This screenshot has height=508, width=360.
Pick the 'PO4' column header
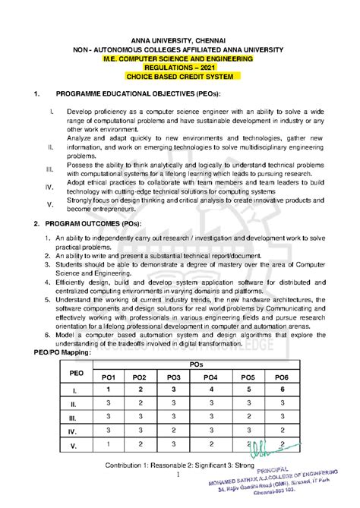pyautogui.click(x=210, y=377)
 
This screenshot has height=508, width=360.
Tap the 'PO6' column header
pyautogui.click(x=282, y=377)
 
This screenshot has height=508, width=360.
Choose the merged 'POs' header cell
pyautogui.click(x=196, y=364)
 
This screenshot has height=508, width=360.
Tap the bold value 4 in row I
pyautogui.click(x=210, y=390)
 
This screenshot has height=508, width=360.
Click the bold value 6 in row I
pyautogui.click(x=282, y=390)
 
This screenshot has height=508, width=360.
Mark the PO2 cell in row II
pyautogui.click(x=140, y=403)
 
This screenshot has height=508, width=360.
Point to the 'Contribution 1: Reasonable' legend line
pyautogui.click(x=182, y=462)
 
